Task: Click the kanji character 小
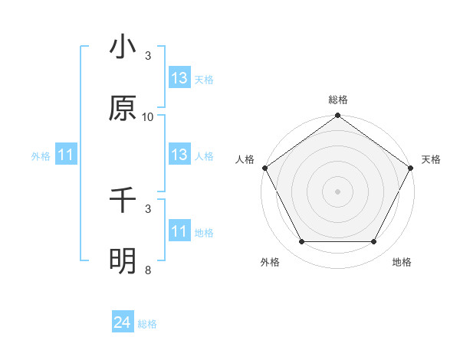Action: tap(123, 47)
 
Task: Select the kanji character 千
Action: tap(123, 200)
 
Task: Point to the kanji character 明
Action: tap(123, 261)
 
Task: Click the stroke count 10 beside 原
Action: tap(148, 117)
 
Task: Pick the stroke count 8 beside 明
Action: tap(148, 270)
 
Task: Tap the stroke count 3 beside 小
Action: tap(148, 56)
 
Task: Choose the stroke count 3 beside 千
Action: tap(148, 208)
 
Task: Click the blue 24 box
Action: tap(123, 323)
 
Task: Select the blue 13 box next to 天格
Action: tap(179, 77)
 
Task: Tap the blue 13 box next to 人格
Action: tap(179, 155)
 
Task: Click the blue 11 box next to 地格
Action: tap(179, 231)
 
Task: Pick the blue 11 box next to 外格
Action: tap(66, 155)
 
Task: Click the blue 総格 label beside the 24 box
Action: tap(147, 324)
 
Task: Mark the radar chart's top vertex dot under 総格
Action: tap(337, 116)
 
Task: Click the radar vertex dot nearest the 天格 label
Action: tap(412, 168)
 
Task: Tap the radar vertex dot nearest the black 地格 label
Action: tap(374, 242)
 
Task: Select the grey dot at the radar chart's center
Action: tap(337, 191)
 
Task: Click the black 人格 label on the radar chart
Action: tap(245, 159)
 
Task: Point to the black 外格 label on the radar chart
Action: tap(270, 263)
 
